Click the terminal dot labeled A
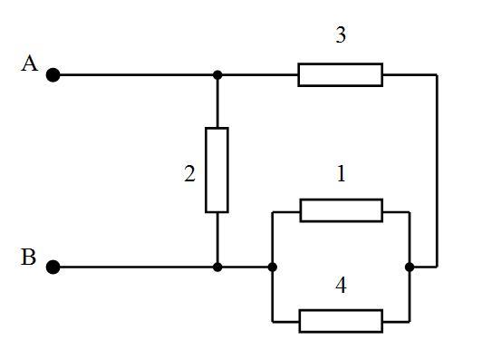pyautogui.click(x=53, y=75)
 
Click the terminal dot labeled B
pyautogui.click(x=53, y=267)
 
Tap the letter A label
pyautogui.click(x=30, y=63)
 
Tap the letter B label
pyautogui.click(x=28, y=257)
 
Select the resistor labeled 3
pyautogui.click(x=341, y=74)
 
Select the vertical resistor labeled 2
pyautogui.click(x=217, y=170)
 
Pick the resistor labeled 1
pyautogui.click(x=342, y=210)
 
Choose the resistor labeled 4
pyautogui.click(x=341, y=321)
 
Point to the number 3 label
pyautogui.click(x=341, y=34)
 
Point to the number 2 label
pyautogui.click(x=189, y=174)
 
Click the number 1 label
pyautogui.click(x=342, y=174)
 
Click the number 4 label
pyautogui.click(x=341, y=286)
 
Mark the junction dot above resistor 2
pyautogui.click(x=217, y=75)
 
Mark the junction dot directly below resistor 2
pyautogui.click(x=217, y=267)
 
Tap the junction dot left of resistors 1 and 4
pyautogui.click(x=273, y=267)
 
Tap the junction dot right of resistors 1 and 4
pyautogui.click(x=410, y=267)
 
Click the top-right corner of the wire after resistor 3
pyautogui.click(x=437, y=74)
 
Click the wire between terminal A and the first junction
pyautogui.click(x=136, y=75)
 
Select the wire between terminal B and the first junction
pyautogui.click(x=136, y=267)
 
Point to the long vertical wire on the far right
pyautogui.click(x=437, y=170)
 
